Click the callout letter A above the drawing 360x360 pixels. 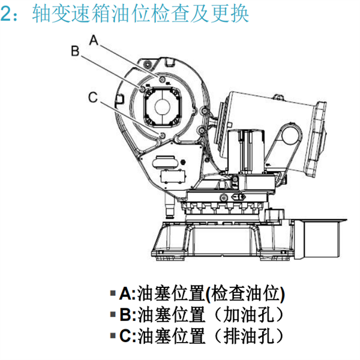(94, 40)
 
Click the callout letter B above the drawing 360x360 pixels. (75, 51)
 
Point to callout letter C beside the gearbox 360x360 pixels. (93, 97)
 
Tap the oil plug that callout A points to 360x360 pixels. (163, 79)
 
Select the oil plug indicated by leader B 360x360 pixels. (142, 89)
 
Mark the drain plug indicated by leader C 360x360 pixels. (163, 135)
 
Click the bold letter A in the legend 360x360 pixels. (125, 293)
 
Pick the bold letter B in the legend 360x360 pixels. (126, 314)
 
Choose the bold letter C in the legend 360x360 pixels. (126, 335)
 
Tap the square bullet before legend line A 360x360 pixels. (113, 293)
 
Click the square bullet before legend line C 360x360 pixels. (113, 335)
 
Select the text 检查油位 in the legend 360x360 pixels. (245, 293)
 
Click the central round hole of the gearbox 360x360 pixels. (163, 106)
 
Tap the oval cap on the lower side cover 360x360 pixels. (165, 163)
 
